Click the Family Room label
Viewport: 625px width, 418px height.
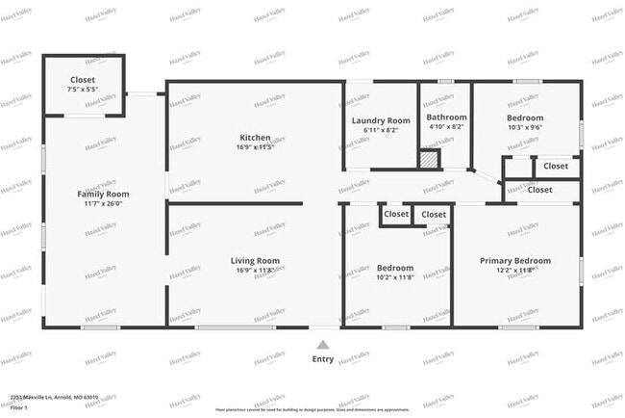coord(103,194)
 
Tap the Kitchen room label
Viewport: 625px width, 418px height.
coord(255,138)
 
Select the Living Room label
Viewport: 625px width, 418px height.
coord(255,260)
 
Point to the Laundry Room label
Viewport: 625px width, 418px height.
coord(381,120)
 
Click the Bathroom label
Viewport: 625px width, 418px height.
coord(446,118)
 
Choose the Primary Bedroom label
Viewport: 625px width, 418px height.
coord(515,260)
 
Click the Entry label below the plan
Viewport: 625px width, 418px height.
coord(323,359)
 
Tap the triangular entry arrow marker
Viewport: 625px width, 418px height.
coord(323,343)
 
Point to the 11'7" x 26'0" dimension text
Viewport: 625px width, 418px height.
coord(103,203)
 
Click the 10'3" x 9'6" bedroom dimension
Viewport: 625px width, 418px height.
coord(525,127)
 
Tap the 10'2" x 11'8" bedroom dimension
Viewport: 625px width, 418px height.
coord(394,277)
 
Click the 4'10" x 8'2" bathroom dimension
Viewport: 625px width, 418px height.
coord(446,126)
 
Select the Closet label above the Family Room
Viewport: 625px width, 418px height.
coord(84,80)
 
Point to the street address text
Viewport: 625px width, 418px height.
coord(54,397)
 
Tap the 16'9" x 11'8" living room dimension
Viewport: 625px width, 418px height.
coord(255,270)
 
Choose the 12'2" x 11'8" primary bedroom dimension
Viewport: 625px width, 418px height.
coord(515,270)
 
